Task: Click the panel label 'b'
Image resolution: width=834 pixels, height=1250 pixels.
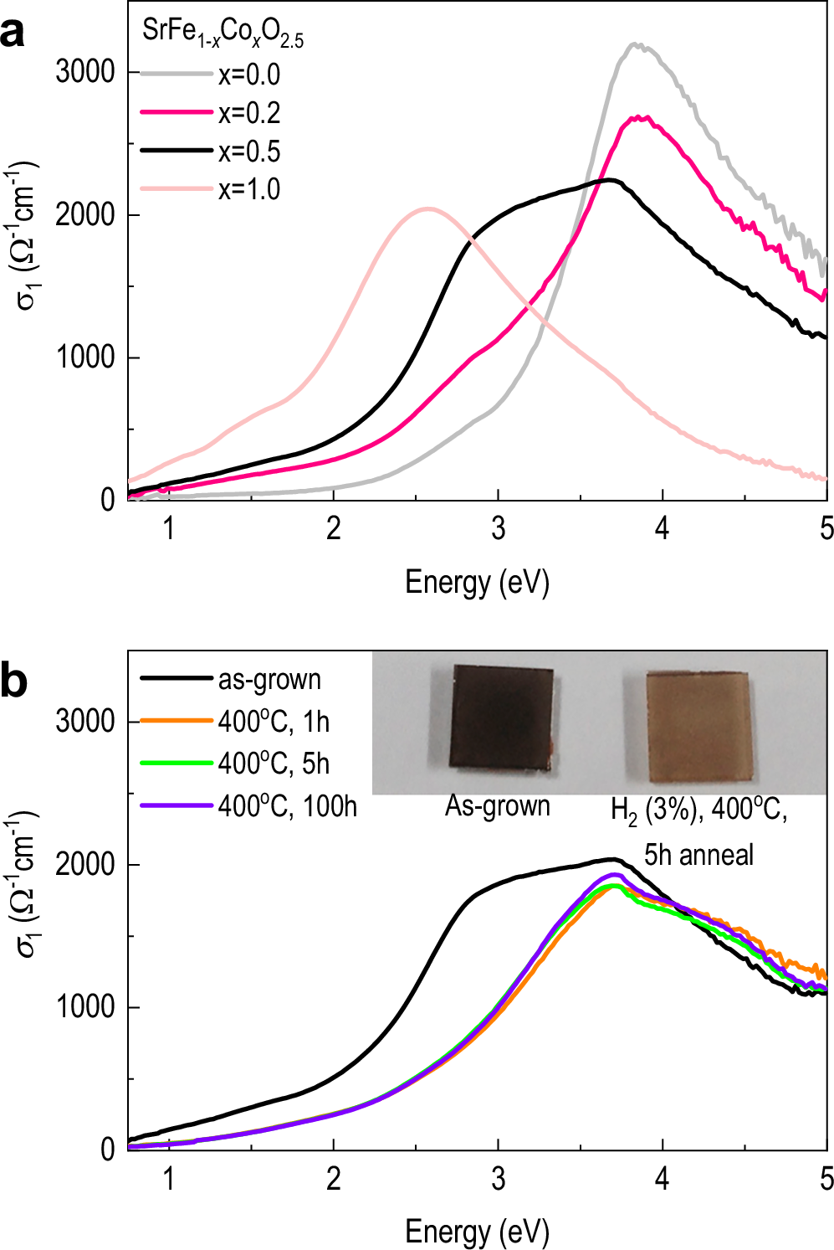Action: [x=13, y=681]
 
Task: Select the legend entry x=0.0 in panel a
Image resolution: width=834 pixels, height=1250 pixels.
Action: [x=248, y=75]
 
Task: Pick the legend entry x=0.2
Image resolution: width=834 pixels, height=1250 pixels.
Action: [x=248, y=113]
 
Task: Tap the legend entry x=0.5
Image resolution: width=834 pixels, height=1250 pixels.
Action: [x=248, y=152]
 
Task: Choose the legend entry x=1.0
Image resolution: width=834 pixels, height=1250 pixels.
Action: [x=248, y=189]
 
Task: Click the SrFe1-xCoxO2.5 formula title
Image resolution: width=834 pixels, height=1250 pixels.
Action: [x=223, y=33]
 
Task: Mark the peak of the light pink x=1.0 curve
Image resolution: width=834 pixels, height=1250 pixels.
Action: [x=428, y=208]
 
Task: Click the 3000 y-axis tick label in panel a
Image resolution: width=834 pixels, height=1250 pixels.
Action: [x=84, y=72]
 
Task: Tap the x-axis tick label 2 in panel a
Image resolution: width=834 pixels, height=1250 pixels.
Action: [x=333, y=528]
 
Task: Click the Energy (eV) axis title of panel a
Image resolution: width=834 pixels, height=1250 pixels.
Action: [x=477, y=582]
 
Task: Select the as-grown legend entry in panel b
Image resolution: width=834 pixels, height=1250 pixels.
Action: [x=269, y=680]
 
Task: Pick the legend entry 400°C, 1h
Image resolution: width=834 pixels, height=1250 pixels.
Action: [x=274, y=722]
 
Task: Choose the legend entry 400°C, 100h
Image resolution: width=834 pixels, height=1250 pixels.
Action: [x=287, y=806]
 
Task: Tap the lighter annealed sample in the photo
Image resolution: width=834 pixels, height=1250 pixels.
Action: [x=699, y=726]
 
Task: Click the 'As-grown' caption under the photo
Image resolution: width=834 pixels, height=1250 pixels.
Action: [x=498, y=806]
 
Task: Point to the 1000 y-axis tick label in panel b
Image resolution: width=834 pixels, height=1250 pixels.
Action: [x=84, y=1006]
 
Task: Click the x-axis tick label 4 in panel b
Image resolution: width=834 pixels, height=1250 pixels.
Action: [x=662, y=1179]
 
